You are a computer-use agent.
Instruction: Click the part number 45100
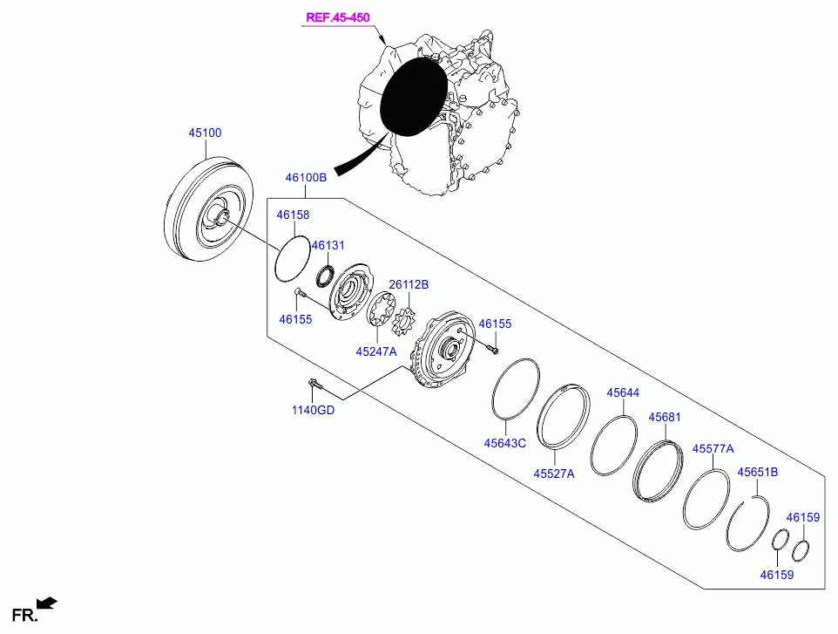[x=206, y=133]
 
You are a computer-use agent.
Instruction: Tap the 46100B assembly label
[x=306, y=177]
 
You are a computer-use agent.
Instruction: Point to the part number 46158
[x=293, y=215]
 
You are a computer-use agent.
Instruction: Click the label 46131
[x=328, y=246]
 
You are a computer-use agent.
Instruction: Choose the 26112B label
[x=409, y=284]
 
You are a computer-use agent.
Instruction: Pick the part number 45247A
[x=375, y=351]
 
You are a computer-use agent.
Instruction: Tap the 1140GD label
[x=313, y=411]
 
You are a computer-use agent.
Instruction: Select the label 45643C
[x=505, y=443]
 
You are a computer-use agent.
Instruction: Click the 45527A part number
[x=554, y=474]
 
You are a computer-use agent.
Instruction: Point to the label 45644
[x=623, y=393]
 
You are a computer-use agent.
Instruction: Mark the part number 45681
[x=664, y=417]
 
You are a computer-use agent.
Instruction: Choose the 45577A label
[x=713, y=448]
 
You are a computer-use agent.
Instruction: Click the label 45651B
[x=757, y=472]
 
